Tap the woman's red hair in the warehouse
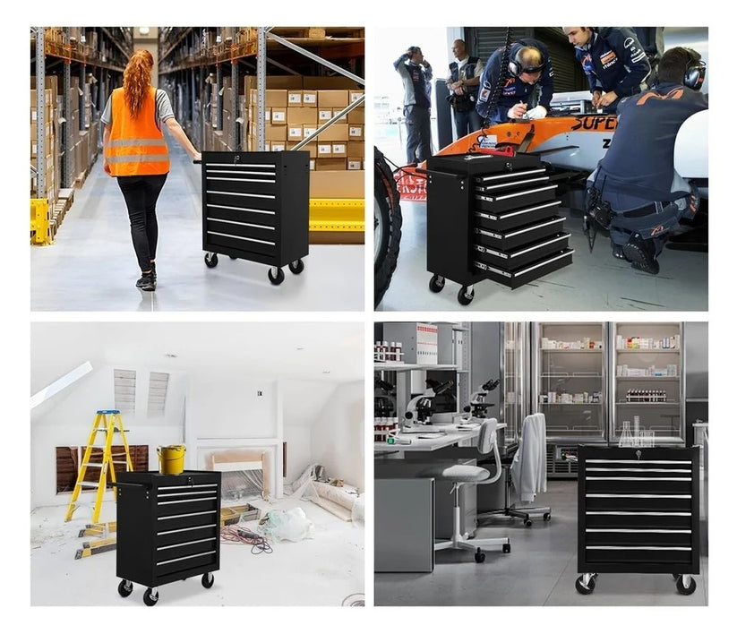point(138,81)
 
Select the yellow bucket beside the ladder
point(171,458)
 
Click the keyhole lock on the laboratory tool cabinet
point(638,455)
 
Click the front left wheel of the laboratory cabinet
point(586,583)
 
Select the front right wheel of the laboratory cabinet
point(685,584)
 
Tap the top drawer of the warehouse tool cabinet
point(240,167)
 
